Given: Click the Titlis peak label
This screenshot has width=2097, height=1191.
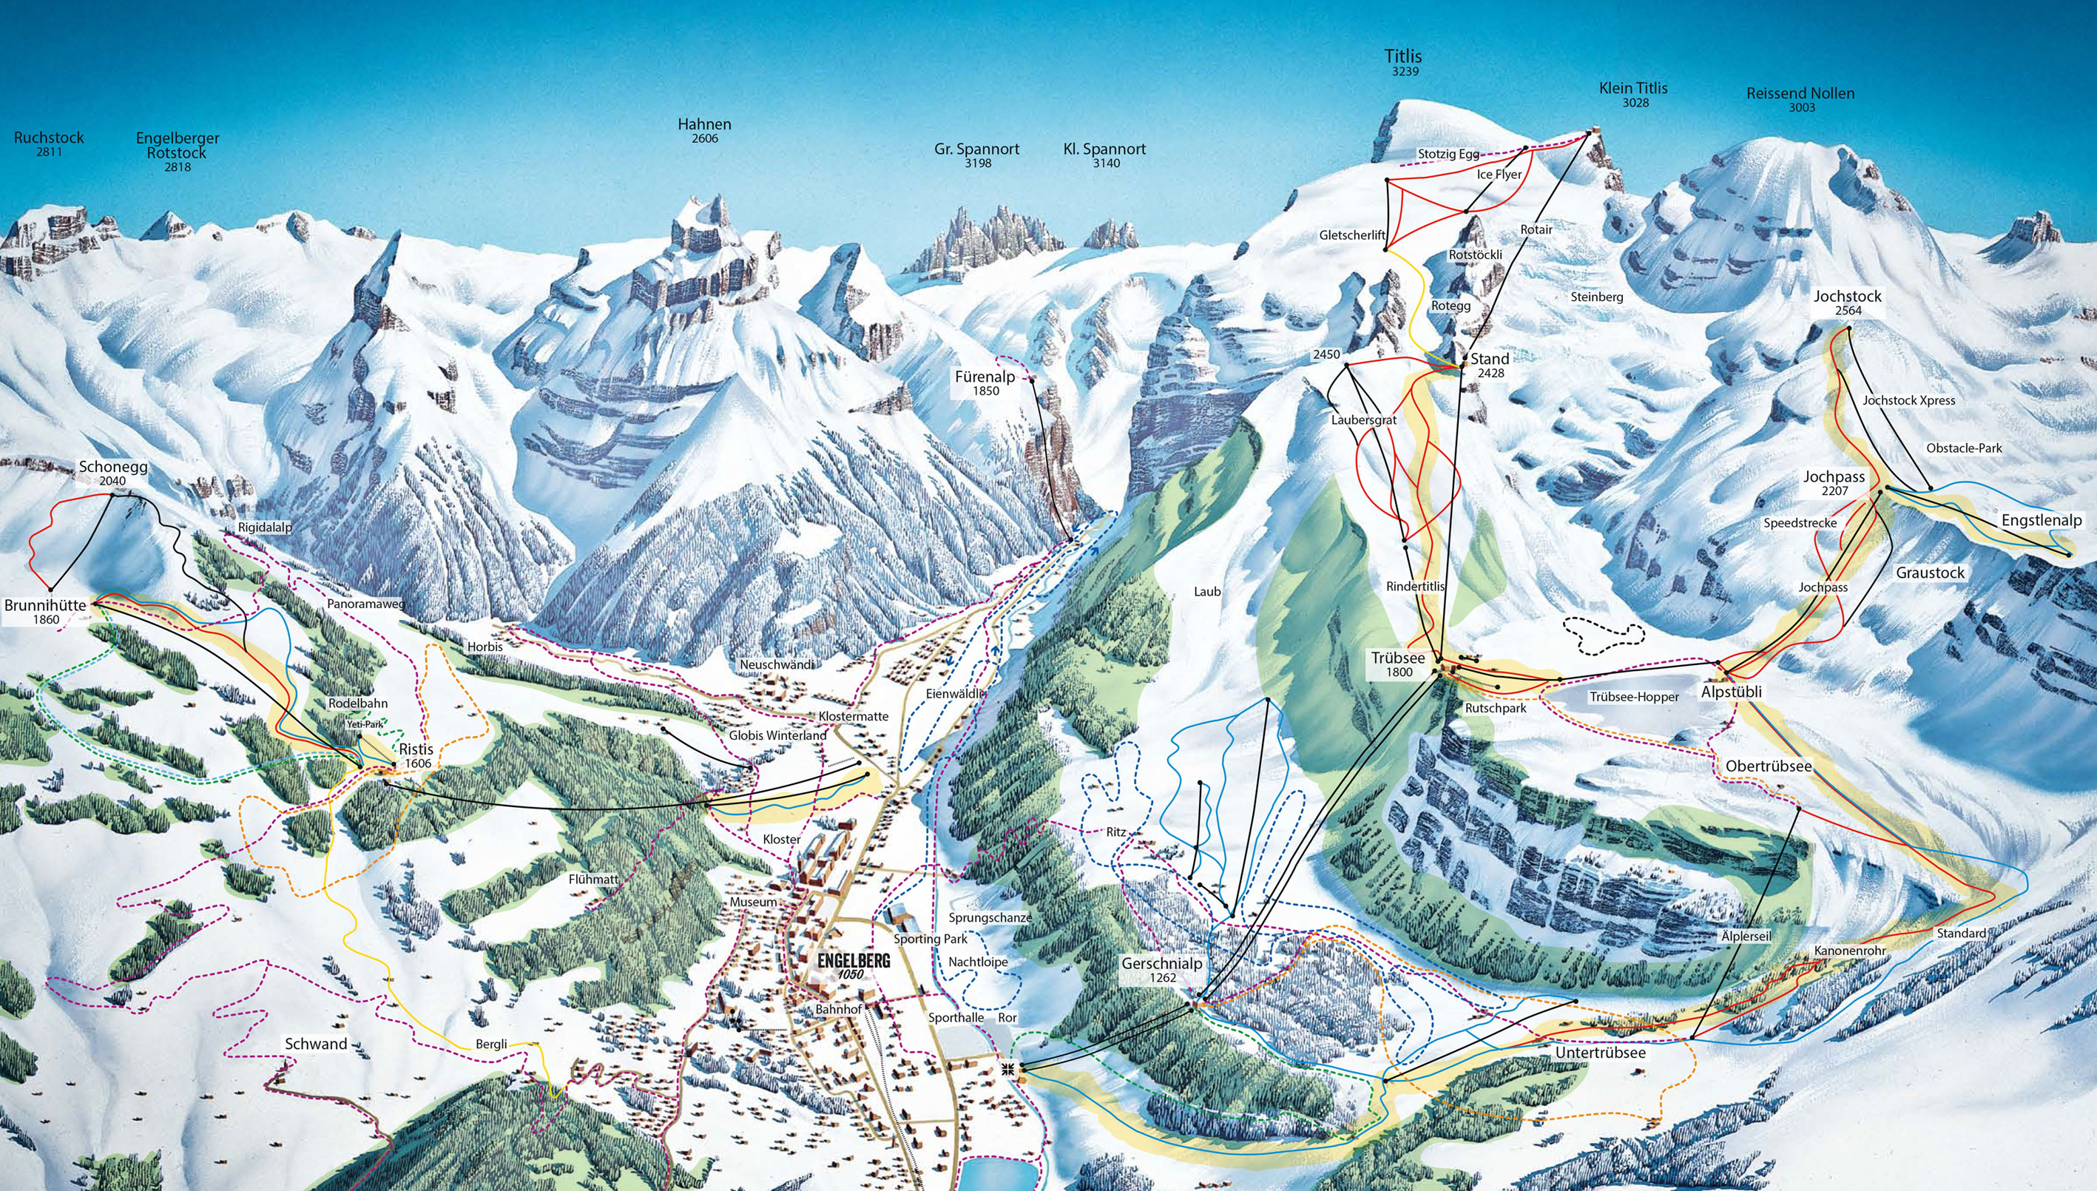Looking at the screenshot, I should pos(1403,57).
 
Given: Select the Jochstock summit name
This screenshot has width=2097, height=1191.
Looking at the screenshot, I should pos(1848,297).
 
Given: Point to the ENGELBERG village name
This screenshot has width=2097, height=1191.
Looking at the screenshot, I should pos(853,962).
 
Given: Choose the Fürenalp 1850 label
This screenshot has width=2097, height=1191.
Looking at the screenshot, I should pos(985,383).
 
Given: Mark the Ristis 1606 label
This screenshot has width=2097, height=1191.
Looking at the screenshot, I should pos(416,756).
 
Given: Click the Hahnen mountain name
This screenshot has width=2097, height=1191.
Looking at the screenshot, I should pos(704,125).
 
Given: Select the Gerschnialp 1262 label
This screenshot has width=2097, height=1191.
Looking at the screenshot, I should pos(1161,970).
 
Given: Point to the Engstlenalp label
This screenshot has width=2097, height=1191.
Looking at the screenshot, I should pos(2042,521).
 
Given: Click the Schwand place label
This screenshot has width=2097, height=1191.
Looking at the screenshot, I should pos(316,1044).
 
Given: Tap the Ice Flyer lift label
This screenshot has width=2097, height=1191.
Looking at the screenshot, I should pos(1499,175).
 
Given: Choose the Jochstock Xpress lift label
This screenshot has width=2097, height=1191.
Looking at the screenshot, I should pos(1909,400).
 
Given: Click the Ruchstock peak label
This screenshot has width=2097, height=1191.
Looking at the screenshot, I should pos(49,138).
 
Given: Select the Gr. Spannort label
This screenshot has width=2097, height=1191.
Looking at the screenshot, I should pos(976,149).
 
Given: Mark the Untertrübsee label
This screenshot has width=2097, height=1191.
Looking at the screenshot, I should pos(1600,1053).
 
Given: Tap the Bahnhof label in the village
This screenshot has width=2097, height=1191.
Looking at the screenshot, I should pos(838,1010).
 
